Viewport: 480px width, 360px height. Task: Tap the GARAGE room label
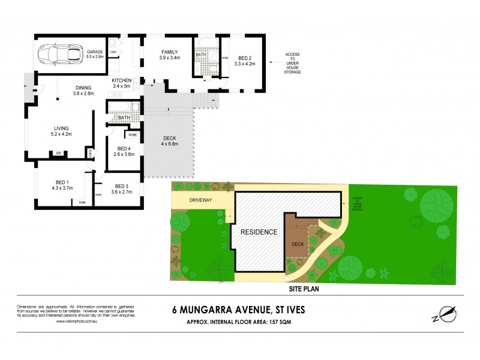click(94, 52)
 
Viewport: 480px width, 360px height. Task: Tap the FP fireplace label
click(59, 154)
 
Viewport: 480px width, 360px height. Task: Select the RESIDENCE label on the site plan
click(259, 232)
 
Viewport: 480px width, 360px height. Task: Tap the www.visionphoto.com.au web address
click(76, 322)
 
